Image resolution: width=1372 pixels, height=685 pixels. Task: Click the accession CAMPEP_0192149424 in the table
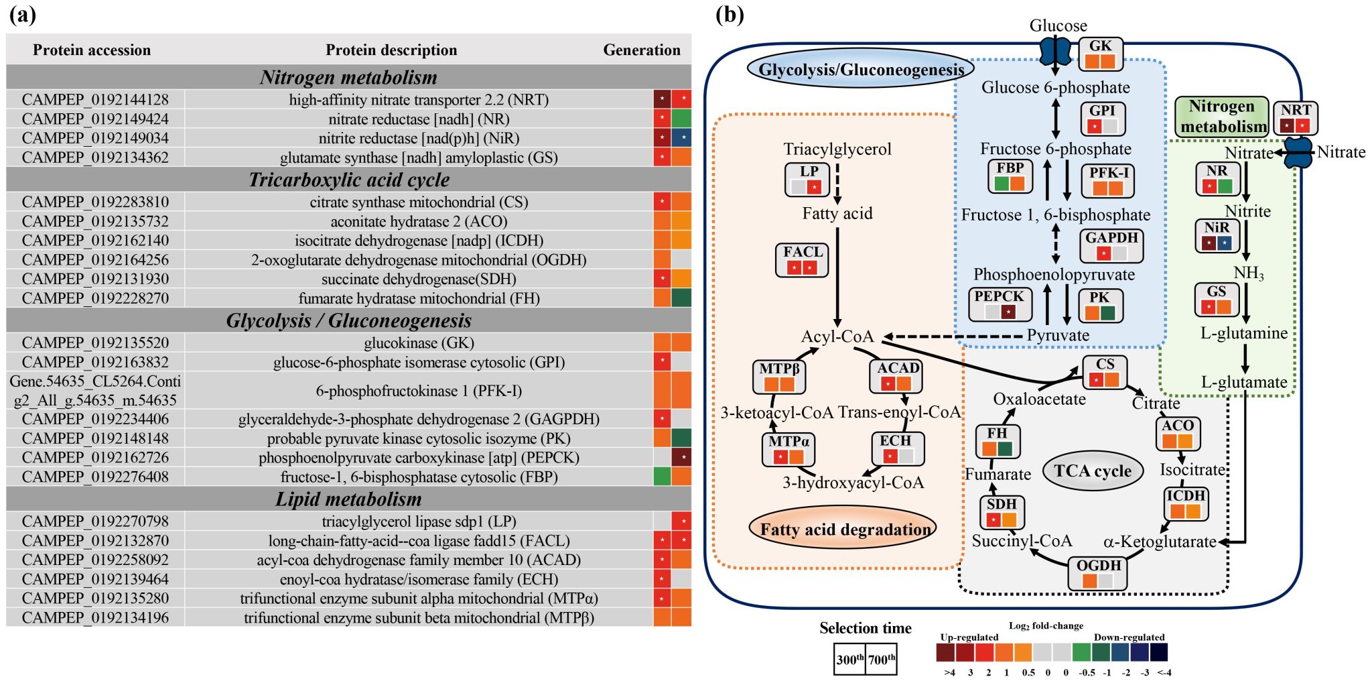95,119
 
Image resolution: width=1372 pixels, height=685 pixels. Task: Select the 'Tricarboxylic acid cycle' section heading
349,180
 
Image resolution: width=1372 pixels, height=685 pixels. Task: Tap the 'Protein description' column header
391,50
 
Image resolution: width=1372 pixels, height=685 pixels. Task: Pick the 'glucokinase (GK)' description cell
419,343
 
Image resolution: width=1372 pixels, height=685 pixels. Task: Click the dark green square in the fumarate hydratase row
681,298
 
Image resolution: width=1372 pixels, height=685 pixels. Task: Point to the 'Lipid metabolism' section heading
349,499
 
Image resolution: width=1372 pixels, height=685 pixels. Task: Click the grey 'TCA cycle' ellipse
1093,471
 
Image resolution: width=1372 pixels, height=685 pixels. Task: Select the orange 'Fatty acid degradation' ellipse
845,530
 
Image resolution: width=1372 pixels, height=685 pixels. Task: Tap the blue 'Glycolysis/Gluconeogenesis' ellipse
862,70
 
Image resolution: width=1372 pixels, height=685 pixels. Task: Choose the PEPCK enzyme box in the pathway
1000,304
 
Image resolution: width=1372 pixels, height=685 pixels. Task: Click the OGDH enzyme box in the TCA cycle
1098,574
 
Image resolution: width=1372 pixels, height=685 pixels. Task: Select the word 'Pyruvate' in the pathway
1058,335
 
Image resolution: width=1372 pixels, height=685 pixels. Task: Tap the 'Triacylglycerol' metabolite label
837,149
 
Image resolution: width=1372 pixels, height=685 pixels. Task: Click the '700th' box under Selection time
882,660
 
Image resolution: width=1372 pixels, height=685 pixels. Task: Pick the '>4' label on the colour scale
949,672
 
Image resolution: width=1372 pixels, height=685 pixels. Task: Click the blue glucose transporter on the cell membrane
1055,50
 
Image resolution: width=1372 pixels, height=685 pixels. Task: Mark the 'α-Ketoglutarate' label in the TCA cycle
1160,542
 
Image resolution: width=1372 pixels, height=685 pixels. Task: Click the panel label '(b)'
730,15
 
